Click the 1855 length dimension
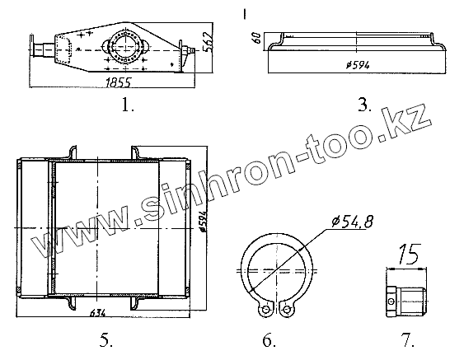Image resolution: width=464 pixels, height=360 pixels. coord(118,82)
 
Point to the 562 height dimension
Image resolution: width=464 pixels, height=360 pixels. coord(209,41)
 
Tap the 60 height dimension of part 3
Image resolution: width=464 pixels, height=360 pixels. coord(256,38)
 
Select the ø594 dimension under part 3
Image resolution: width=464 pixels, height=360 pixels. coord(358,64)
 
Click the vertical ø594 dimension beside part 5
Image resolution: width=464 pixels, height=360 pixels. coord(203,222)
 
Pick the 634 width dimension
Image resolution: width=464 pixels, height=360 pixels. coord(97,312)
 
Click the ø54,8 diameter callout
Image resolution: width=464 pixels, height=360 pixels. coord(352,222)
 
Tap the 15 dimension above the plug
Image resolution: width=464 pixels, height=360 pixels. coord(409,254)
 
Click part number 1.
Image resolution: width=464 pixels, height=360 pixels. coord(128,105)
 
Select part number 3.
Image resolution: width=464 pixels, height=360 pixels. coord(364,105)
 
